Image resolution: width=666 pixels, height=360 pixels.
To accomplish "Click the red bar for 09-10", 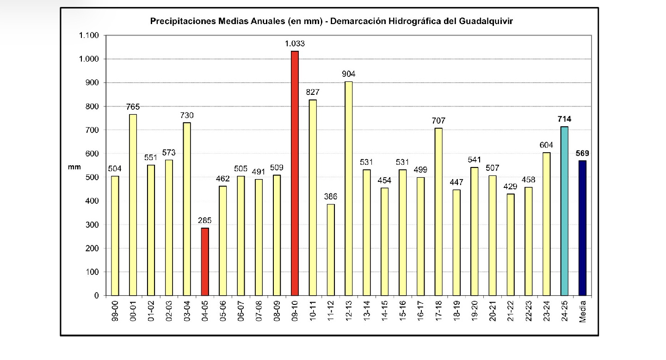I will tap(295, 173).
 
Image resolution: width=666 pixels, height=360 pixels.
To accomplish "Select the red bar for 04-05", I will tap(205, 261).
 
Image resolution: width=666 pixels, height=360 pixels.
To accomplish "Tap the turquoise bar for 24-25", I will tap(564, 211).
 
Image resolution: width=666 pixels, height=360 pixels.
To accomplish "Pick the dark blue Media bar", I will tap(582, 228).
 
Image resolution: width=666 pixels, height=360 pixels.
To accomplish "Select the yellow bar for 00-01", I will tap(133, 205).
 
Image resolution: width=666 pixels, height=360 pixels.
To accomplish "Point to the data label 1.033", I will tap(295, 43).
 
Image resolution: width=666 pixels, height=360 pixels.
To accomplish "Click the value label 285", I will tap(205, 220).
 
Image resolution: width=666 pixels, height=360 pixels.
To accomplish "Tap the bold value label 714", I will tap(564, 119).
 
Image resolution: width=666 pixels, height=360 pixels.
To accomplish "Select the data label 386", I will tap(331, 197).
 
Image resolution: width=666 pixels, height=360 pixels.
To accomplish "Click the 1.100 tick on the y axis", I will tap(90, 36).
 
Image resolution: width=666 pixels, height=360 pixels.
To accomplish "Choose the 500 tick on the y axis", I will tap(93, 177).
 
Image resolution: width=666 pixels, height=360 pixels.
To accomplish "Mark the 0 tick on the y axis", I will tap(96, 296).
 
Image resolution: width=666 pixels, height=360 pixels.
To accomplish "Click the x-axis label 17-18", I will tap(438, 312).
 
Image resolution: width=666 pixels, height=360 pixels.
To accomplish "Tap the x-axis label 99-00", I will tap(115, 312).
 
